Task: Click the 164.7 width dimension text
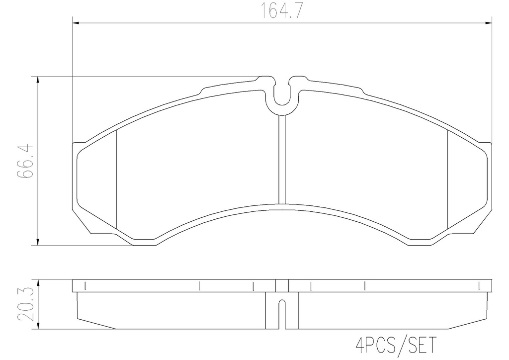tap(282, 11)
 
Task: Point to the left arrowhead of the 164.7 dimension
tap(76, 23)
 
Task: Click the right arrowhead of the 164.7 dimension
tap(488, 23)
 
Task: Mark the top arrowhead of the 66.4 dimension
tap(38, 81)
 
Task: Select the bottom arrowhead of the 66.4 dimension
tap(38, 242)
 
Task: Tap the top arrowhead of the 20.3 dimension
tap(38, 283)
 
